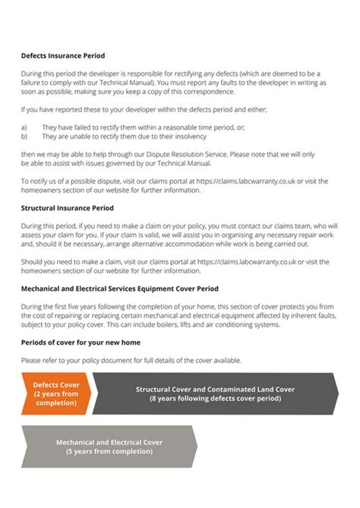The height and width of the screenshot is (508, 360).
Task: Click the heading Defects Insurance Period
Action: pyautogui.click(x=63, y=56)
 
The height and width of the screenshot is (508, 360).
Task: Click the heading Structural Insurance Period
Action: pyautogui.click(x=67, y=207)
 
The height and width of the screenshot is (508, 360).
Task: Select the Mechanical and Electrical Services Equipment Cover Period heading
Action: pyautogui.click(x=119, y=289)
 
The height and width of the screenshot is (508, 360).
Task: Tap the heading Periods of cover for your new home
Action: pyautogui.click(x=81, y=342)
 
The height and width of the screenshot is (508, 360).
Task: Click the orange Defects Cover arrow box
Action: pyautogui.click(x=57, y=393)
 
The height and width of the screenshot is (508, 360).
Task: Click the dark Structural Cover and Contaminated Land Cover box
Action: pyautogui.click(x=215, y=393)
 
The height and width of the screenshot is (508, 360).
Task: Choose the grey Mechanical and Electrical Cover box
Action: pyautogui.click(x=109, y=446)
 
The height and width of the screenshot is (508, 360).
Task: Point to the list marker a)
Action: pyautogui.click(x=24, y=128)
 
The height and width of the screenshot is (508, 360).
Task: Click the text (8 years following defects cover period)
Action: pyautogui.click(x=215, y=398)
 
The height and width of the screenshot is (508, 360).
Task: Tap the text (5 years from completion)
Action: pyautogui.click(x=109, y=451)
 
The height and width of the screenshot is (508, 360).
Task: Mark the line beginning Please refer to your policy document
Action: pyautogui.click(x=131, y=360)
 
